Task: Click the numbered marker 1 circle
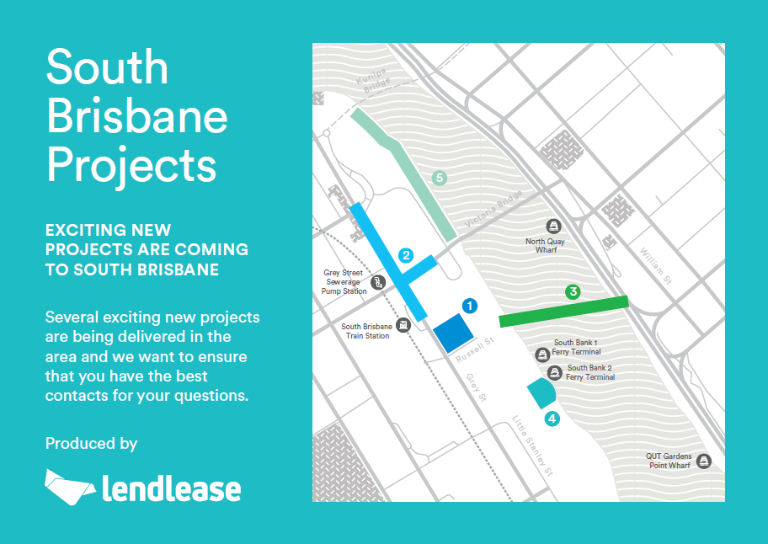[470, 306]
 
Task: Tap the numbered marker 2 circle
[406, 255]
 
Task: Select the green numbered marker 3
[573, 292]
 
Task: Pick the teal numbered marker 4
[552, 419]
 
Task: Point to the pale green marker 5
[440, 178]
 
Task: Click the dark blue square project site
[454, 333]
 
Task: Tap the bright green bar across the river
[563, 312]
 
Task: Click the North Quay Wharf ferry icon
[553, 227]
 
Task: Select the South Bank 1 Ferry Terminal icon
[541, 355]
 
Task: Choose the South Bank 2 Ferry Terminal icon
[554, 373]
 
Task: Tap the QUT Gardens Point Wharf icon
[704, 461]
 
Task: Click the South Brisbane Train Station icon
[403, 325]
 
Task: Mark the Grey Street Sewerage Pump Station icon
[377, 282]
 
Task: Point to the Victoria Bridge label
[493, 209]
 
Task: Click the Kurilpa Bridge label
[373, 80]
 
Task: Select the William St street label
[656, 266]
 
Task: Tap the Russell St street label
[475, 349]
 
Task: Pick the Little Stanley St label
[533, 445]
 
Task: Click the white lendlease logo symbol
[69, 488]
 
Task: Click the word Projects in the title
[131, 167]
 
